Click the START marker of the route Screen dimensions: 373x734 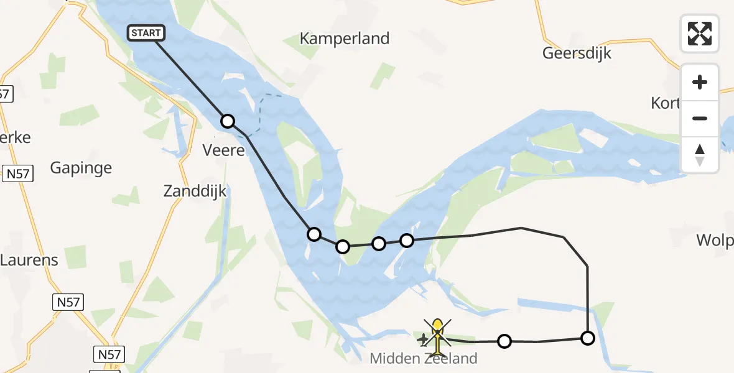(x=146, y=33)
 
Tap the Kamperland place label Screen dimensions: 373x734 (x=345, y=39)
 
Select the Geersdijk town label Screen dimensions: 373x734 (x=577, y=53)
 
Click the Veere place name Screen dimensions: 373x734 (x=224, y=150)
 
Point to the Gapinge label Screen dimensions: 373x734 (x=81, y=168)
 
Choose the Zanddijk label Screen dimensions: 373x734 (x=195, y=191)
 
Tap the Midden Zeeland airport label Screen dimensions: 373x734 (x=424, y=359)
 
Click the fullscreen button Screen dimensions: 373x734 (x=700, y=33)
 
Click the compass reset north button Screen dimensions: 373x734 (x=700, y=154)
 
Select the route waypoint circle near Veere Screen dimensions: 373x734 (x=228, y=121)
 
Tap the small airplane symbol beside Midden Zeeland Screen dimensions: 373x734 (x=424, y=339)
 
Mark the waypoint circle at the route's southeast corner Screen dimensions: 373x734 (x=588, y=338)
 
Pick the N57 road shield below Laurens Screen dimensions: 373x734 (x=67, y=303)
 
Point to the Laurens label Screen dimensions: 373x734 (x=29, y=260)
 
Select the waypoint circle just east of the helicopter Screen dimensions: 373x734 (x=504, y=341)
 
